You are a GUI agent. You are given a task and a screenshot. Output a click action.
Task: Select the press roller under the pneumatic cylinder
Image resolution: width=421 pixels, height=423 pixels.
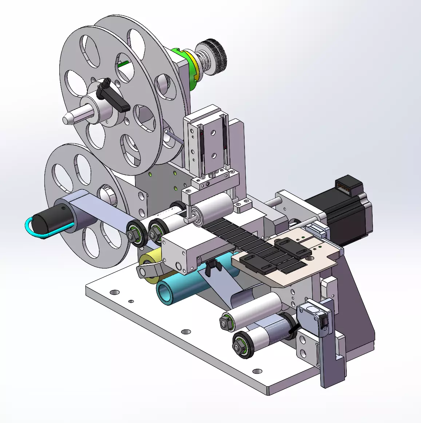coord(215,209)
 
